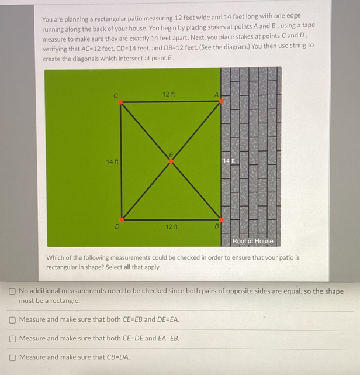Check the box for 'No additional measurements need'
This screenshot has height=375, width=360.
click(12, 291)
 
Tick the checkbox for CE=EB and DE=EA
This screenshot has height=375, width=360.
click(12, 320)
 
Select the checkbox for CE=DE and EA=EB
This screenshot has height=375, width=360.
click(12, 339)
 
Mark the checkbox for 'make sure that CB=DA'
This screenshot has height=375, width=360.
click(12, 357)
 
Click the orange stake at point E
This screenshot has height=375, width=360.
click(171, 161)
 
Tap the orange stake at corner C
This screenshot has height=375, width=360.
click(121, 102)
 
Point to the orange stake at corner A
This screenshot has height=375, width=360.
click(220, 101)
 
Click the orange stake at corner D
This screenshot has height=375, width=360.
click(122, 220)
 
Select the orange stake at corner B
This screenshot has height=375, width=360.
click(220, 220)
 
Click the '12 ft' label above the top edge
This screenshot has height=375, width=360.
click(169, 94)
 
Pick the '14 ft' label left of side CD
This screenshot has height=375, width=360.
click(112, 161)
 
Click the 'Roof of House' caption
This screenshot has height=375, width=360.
click(252, 241)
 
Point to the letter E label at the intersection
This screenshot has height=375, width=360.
click(171, 154)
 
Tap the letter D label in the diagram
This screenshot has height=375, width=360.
click(117, 226)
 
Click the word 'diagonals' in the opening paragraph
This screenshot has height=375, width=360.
click(81, 59)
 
